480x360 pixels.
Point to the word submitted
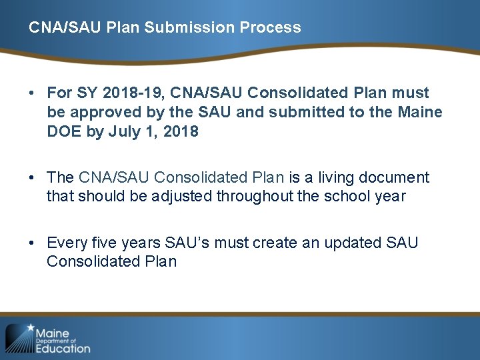[x=301, y=112]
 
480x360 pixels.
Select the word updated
[x=352, y=242]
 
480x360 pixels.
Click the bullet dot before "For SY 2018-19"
[x=32, y=93]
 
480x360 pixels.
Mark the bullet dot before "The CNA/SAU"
[x=32, y=178]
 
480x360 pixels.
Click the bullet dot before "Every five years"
[x=32, y=243]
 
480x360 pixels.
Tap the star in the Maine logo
[x=30, y=328]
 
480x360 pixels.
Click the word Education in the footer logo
[x=63, y=348]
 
